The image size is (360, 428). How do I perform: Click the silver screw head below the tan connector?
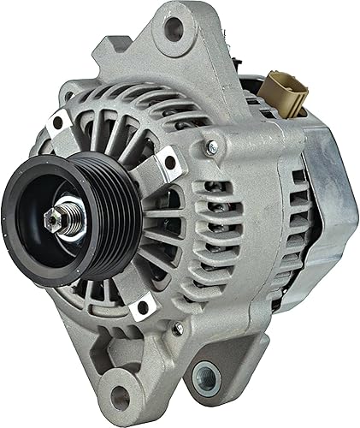(211, 148)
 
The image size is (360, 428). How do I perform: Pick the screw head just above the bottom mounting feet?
(177, 328)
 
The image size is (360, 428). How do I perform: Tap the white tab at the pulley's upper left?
(59, 122)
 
